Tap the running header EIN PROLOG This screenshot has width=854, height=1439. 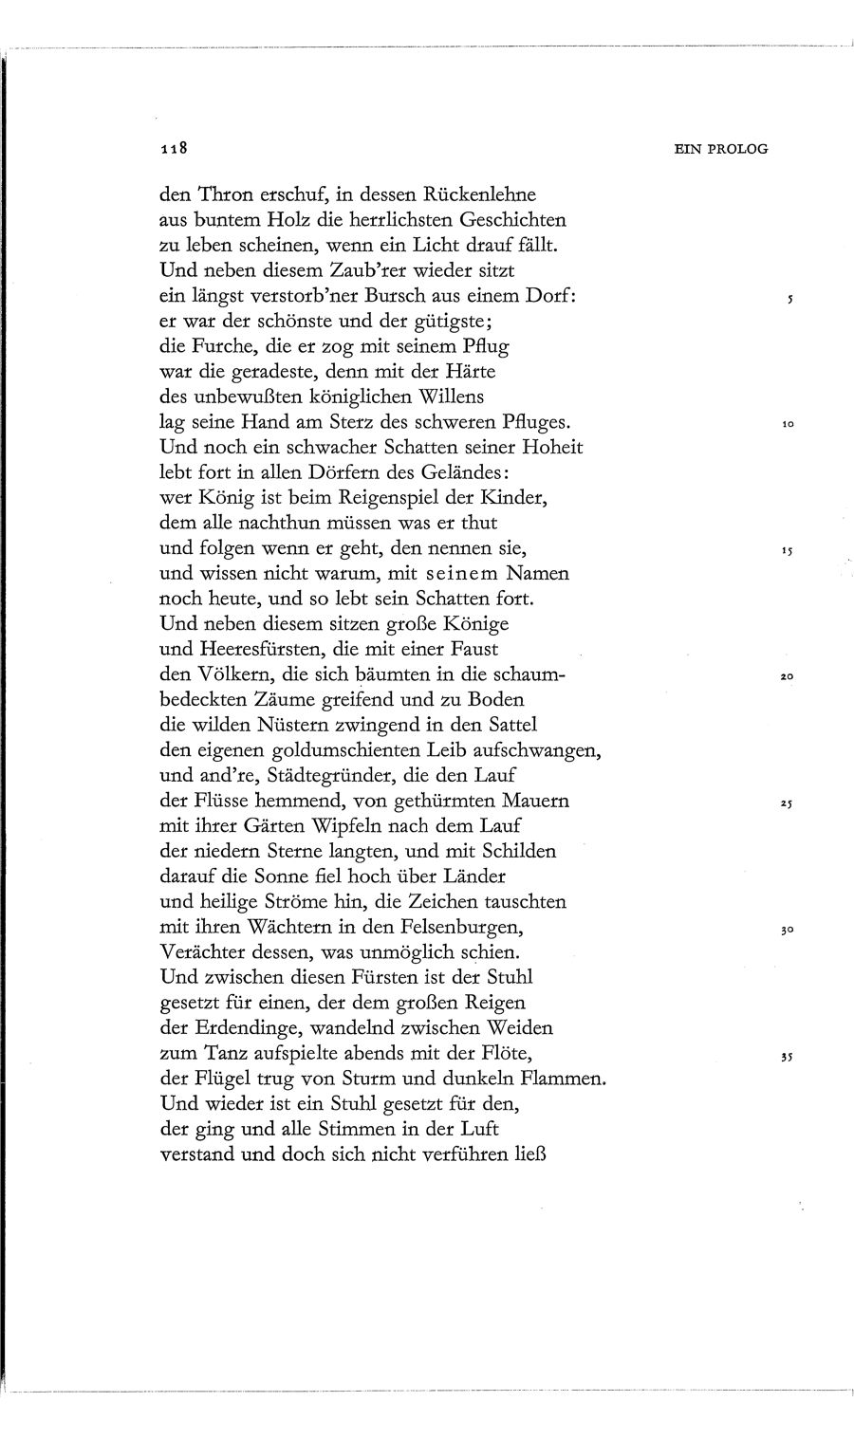(720, 148)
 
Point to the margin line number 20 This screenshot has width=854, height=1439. (787, 678)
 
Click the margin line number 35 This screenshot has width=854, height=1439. (787, 1057)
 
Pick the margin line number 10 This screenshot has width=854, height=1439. (787, 425)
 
